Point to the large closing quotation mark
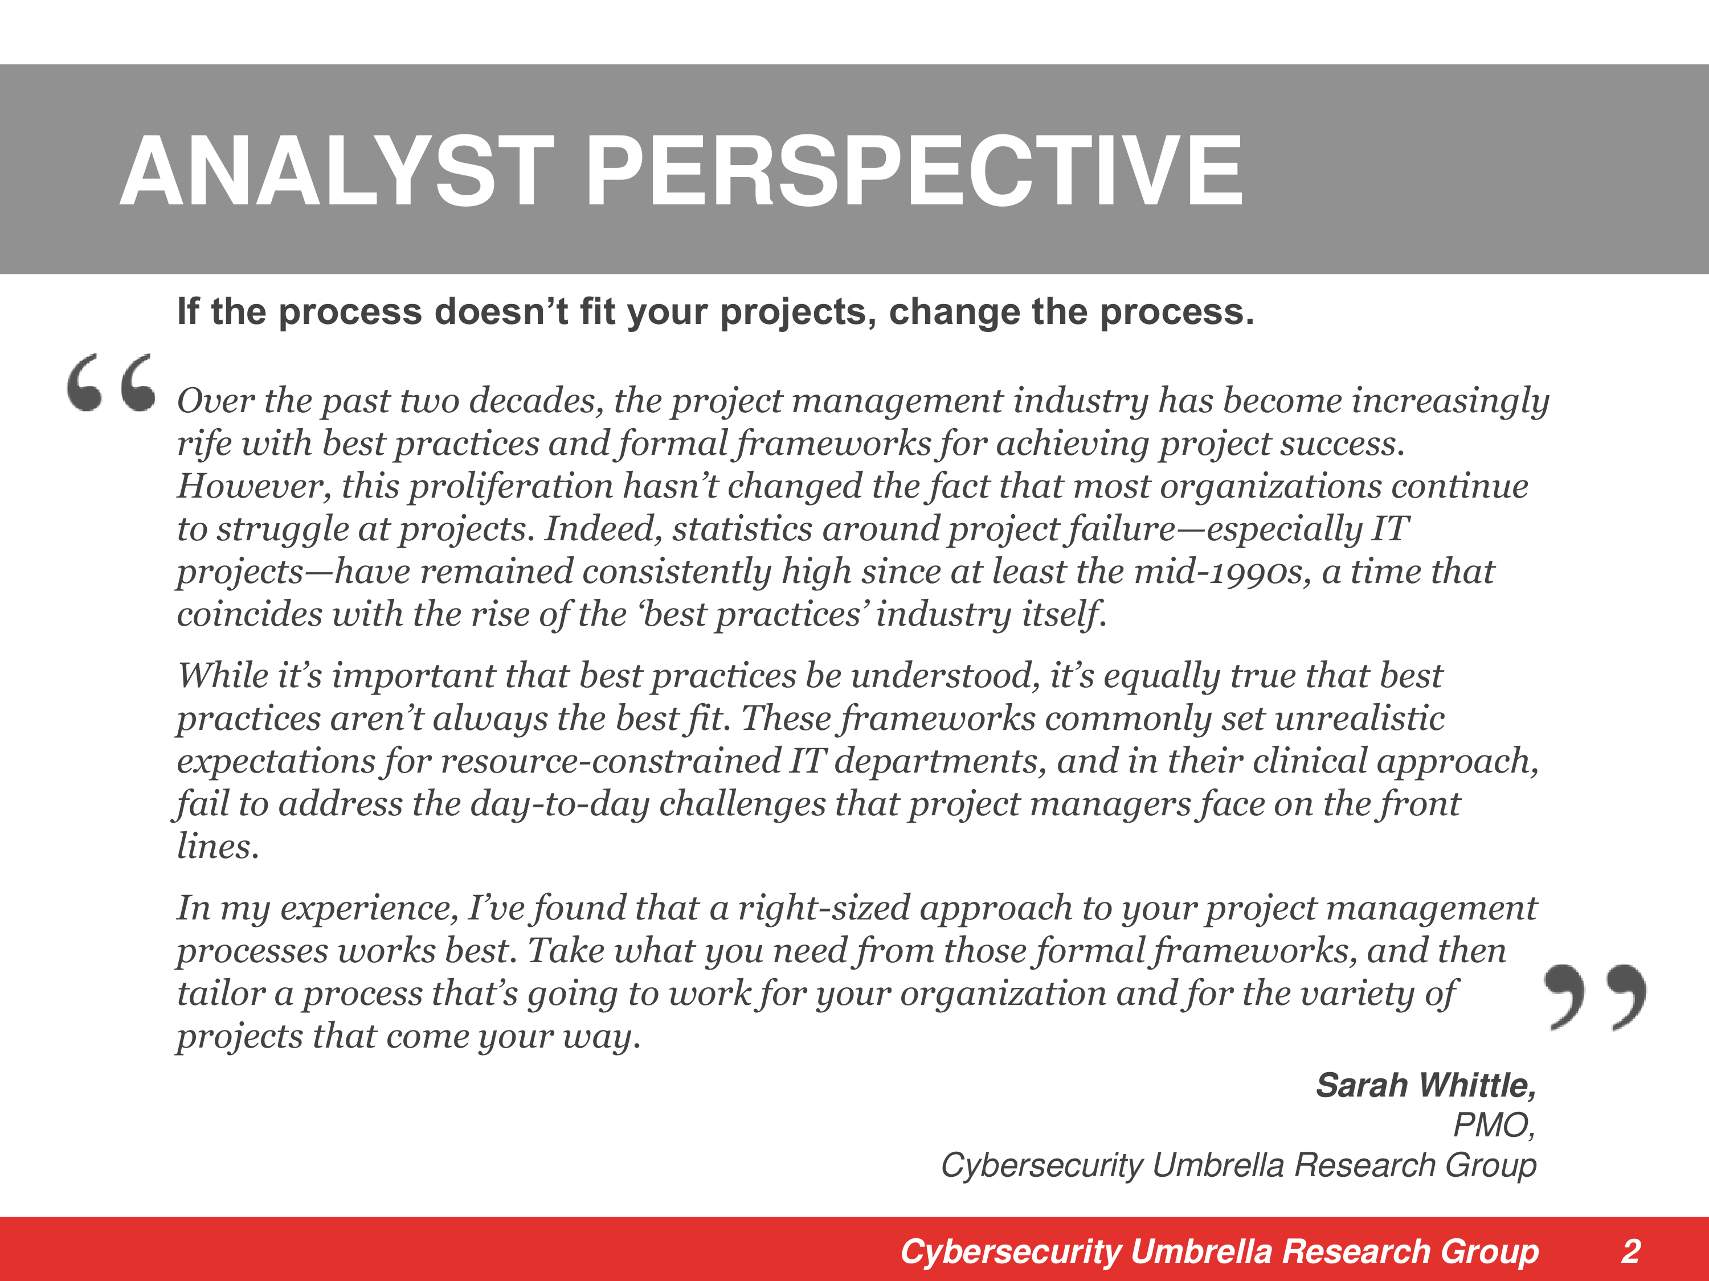tap(1594, 996)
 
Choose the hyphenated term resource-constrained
tap(610, 761)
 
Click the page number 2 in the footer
tap(1630, 1251)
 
